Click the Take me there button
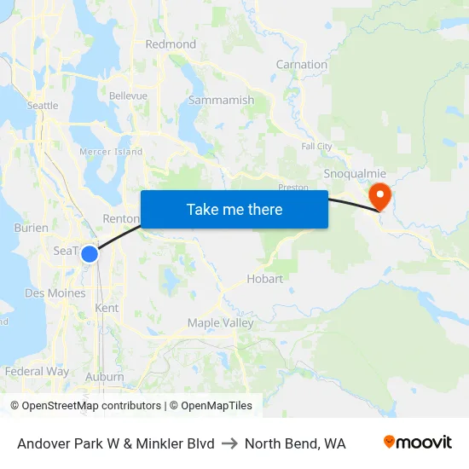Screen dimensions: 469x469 pyautogui.click(x=234, y=209)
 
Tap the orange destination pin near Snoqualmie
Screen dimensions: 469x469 pyautogui.click(x=378, y=196)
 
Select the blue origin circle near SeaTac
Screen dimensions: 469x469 pyautogui.click(x=89, y=253)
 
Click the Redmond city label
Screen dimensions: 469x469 pyautogui.click(x=171, y=44)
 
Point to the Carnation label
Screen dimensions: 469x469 pyautogui.click(x=301, y=65)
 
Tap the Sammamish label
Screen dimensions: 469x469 pyautogui.click(x=221, y=100)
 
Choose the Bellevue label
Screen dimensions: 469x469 pyautogui.click(x=128, y=96)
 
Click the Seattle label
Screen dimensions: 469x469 pyautogui.click(x=43, y=106)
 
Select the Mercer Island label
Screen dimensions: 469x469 pyautogui.click(x=111, y=152)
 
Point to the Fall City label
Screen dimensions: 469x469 pyautogui.click(x=316, y=147)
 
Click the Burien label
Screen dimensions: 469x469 pyautogui.click(x=32, y=228)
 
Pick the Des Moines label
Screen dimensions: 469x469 pyautogui.click(x=55, y=292)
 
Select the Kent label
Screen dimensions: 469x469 pyautogui.click(x=107, y=307)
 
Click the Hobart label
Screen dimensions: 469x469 pyautogui.click(x=264, y=279)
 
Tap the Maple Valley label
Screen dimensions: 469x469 pyautogui.click(x=220, y=323)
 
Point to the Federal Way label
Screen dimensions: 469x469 pyautogui.click(x=37, y=372)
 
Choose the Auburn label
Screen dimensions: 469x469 pyautogui.click(x=105, y=376)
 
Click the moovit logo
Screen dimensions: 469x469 pyautogui.click(x=417, y=443)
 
